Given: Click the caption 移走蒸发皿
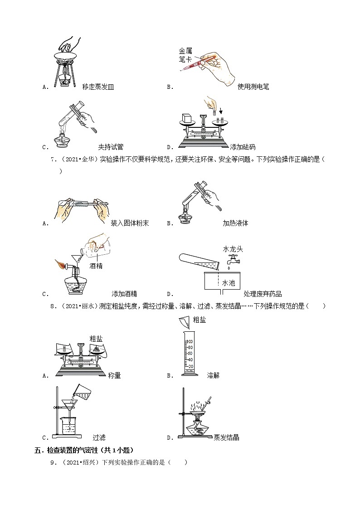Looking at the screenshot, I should (98, 87).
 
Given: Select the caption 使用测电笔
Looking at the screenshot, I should (253, 87).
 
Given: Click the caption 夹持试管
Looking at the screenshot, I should (111, 147).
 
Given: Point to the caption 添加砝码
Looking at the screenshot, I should (243, 147).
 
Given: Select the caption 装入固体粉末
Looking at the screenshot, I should (130, 223).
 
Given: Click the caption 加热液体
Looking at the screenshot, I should (235, 223).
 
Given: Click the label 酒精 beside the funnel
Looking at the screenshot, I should (96, 266).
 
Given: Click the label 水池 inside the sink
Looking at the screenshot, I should (229, 283).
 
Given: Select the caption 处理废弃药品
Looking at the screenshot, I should (263, 294).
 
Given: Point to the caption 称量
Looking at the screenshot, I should (114, 375).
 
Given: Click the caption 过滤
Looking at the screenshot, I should (99, 437).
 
